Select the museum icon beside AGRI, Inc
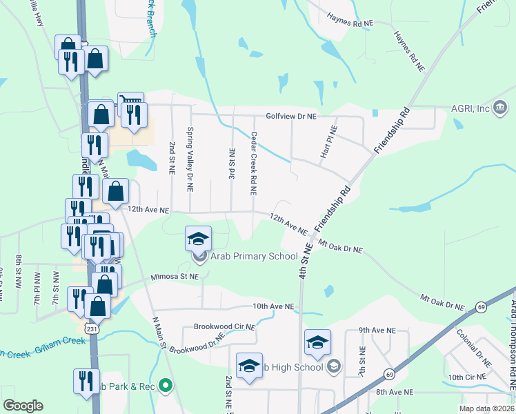pyautogui.click(x=502, y=108)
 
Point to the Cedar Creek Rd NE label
pyautogui.click(x=254, y=163)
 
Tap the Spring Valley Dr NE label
pyautogui.click(x=190, y=159)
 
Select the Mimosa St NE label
pyautogui.click(x=175, y=276)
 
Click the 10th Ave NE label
pyautogui.click(x=273, y=306)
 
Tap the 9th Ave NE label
pyautogui.click(x=378, y=331)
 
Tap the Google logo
pyautogui.click(x=23, y=406)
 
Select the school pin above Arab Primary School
pyautogui.click(x=199, y=239)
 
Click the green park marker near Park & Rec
pyautogui.click(x=165, y=385)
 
